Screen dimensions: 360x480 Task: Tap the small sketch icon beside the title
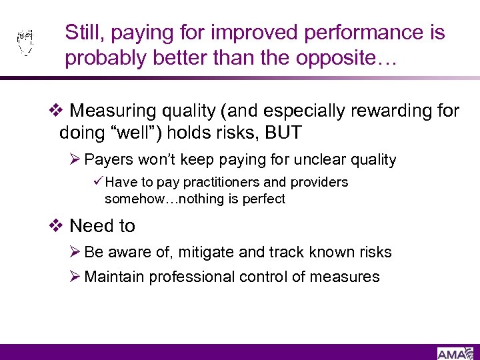click(25, 43)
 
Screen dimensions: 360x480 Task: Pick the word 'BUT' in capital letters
click(283, 133)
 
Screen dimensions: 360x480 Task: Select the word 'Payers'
click(107, 160)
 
